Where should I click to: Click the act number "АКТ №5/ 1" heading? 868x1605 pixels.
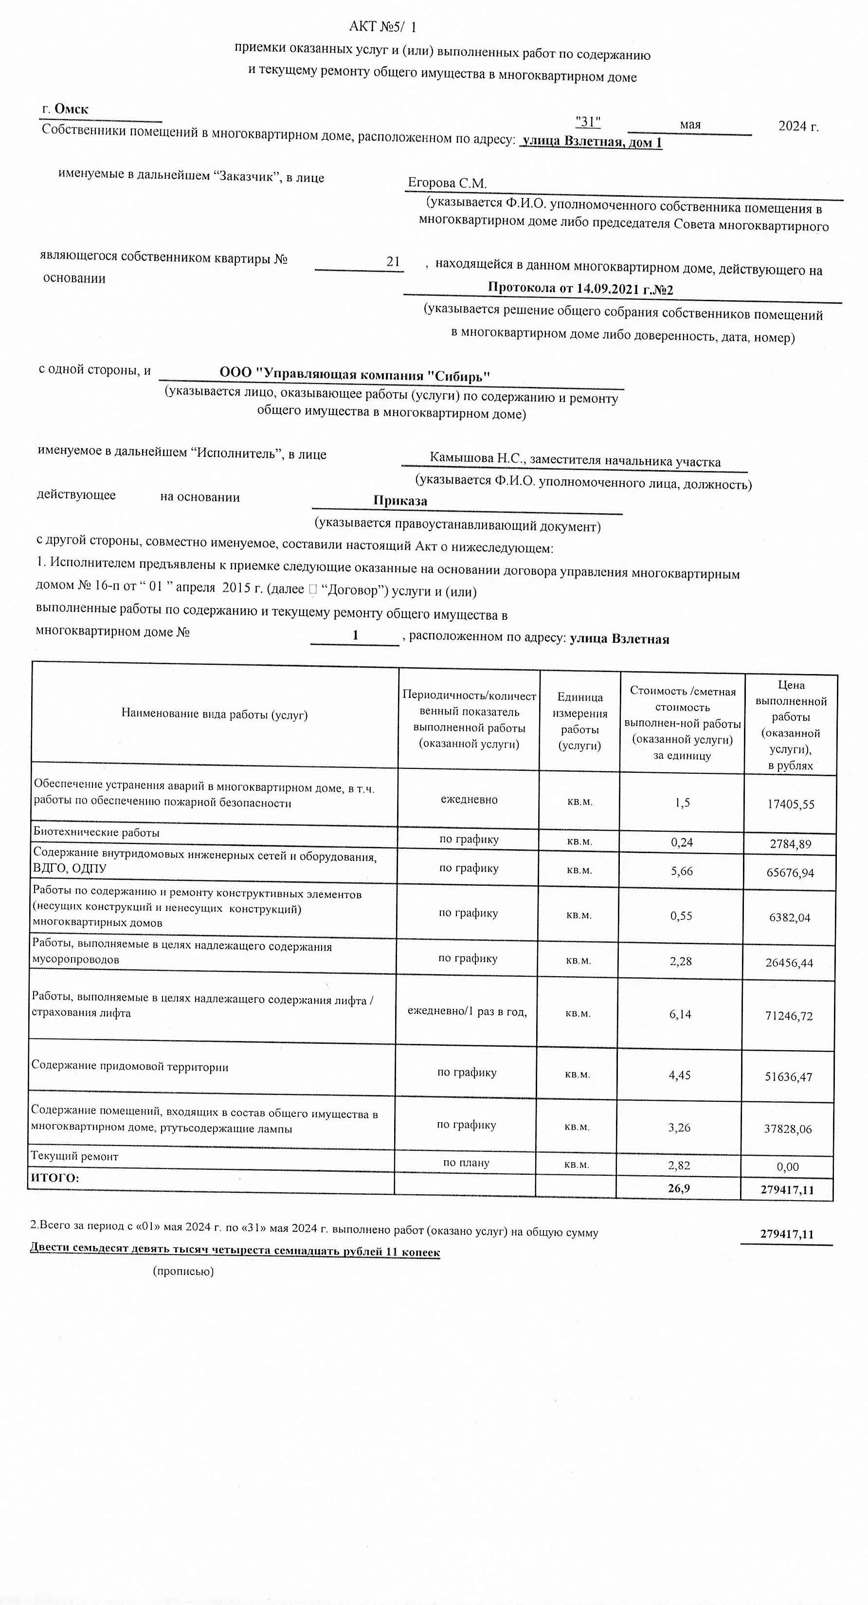pos(382,27)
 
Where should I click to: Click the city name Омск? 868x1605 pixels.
pos(71,109)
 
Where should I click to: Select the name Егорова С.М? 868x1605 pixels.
pos(447,183)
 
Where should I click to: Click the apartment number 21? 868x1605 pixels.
pos(393,262)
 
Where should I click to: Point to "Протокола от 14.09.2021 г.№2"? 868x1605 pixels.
pos(579,289)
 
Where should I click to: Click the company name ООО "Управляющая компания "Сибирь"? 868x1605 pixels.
pos(355,374)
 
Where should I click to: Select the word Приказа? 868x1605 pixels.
pos(400,501)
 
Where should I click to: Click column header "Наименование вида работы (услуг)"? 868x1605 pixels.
pos(215,714)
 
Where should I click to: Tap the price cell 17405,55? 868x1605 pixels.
pos(790,804)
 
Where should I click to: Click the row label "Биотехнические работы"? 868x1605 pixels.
pos(97,832)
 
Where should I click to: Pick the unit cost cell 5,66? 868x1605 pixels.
pos(681,871)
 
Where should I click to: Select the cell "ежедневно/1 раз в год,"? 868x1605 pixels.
pos(467,1011)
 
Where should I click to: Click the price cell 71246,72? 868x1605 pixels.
pos(788,1016)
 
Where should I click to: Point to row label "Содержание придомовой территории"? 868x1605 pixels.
pos(129,1067)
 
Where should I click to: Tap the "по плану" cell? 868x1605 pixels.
pos(466,1163)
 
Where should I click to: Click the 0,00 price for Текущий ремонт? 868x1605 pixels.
pos(788,1167)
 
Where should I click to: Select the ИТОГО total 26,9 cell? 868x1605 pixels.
pos(679,1187)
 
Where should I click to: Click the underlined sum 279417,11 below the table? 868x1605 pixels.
pos(786,1234)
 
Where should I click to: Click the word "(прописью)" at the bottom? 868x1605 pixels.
pos(183,1271)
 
